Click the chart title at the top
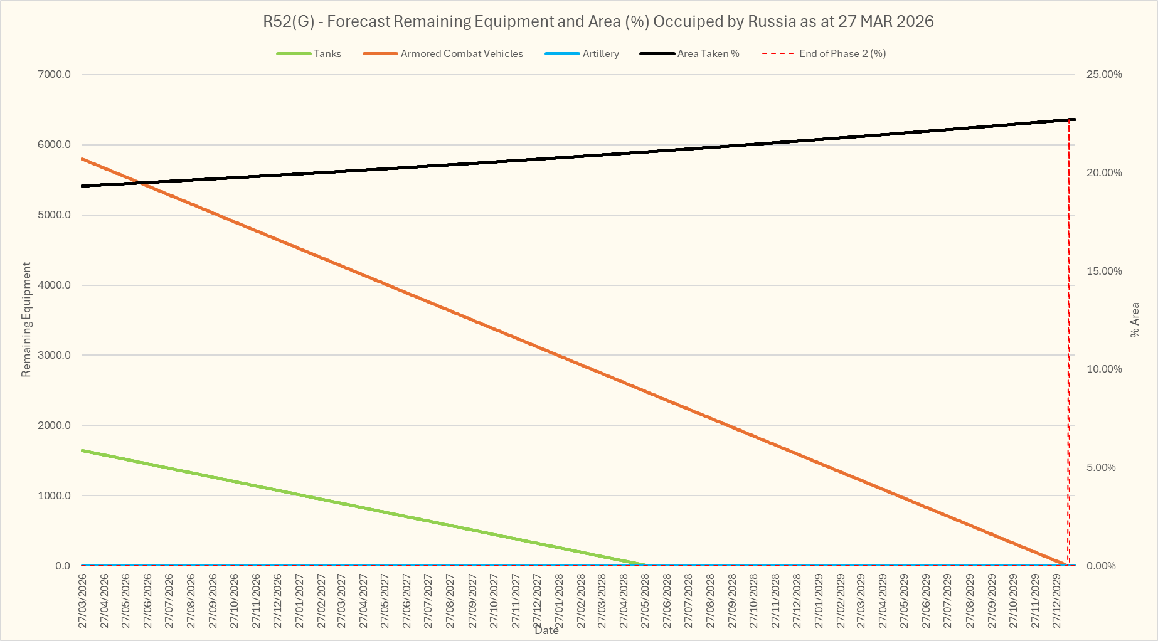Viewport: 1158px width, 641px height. pyautogui.click(x=598, y=21)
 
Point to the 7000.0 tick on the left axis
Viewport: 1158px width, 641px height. pyautogui.click(x=55, y=75)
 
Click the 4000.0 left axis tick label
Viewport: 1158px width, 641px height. pyautogui.click(x=55, y=285)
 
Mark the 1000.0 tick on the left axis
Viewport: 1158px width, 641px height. pyautogui.click(x=55, y=495)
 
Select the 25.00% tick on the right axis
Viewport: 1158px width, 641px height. pyautogui.click(x=1104, y=75)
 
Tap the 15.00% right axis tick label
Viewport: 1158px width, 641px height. pyautogui.click(x=1104, y=271)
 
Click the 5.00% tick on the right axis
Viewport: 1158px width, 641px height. pyautogui.click(x=1101, y=467)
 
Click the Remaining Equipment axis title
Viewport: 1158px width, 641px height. pyautogui.click(x=26, y=320)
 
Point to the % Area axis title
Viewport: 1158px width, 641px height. pyautogui.click(x=1134, y=320)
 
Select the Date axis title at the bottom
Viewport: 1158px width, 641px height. pyautogui.click(x=546, y=630)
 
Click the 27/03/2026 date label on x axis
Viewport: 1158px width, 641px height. pyautogui.click(x=82, y=599)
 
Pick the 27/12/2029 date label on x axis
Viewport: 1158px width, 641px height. pyautogui.click(x=1057, y=599)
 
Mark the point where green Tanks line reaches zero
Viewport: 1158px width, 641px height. pyautogui.click(x=648, y=565)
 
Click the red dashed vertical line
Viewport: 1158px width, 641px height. pyautogui.click(x=1069, y=345)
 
